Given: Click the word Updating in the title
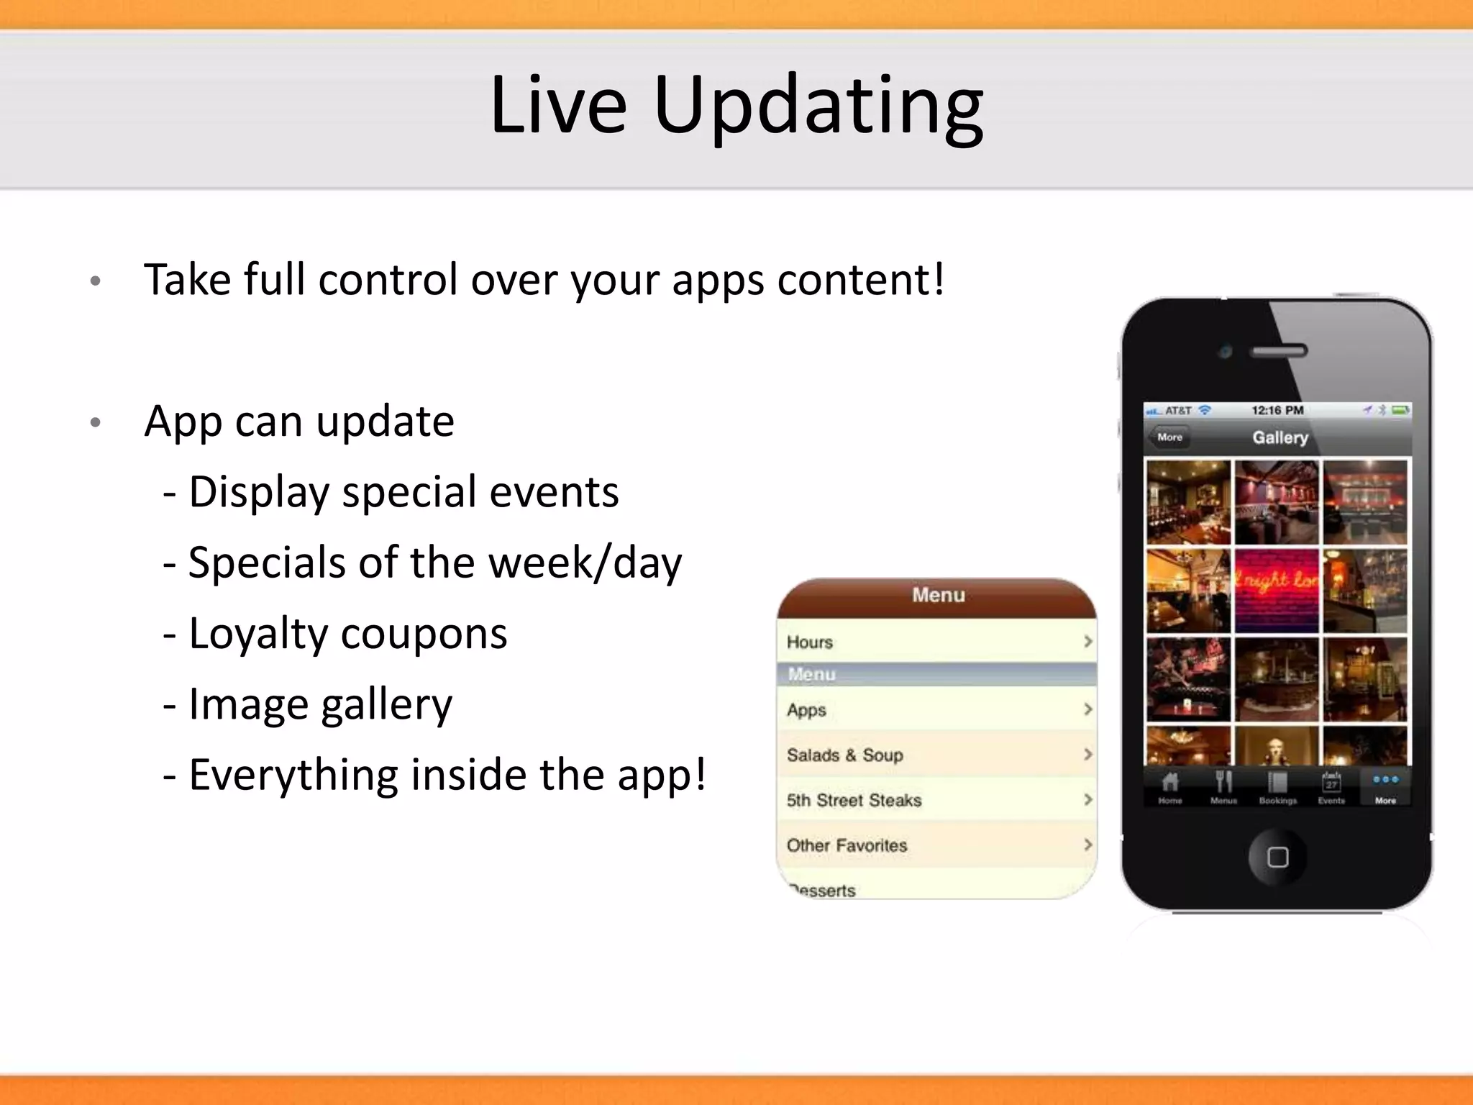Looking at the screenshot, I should [818, 106].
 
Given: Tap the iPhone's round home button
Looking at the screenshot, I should [1277, 857].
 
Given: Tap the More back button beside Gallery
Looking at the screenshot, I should [1169, 437].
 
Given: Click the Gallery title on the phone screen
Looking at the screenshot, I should [1280, 437].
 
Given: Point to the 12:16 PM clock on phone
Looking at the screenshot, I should [1277, 410].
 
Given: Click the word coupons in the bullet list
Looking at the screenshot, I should [424, 635].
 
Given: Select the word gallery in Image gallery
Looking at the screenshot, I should [386, 705].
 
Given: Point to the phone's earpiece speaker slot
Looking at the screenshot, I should [1279, 352].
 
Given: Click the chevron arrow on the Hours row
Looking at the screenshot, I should [1087, 641].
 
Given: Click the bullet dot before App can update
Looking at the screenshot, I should [95, 423].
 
